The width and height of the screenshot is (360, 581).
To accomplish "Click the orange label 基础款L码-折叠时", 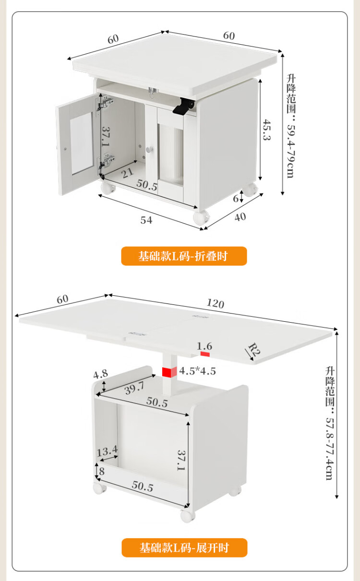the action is coord(184,256).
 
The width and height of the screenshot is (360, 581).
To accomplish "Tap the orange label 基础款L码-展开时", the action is coord(184,547).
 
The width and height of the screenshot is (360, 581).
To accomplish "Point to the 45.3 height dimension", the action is coord(267,130).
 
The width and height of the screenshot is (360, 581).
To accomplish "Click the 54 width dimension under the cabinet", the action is coord(146,220).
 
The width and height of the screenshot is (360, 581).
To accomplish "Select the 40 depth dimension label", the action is coord(240,217).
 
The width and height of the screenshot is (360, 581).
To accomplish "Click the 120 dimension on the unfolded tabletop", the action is coord(216,303).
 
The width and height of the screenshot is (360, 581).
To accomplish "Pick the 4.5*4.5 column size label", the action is coord(198,371).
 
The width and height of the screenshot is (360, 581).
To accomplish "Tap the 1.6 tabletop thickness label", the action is coord(204,346).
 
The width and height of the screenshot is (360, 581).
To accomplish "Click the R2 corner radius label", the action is coord(254,350).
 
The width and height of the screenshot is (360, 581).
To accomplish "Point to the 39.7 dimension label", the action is coord(134,388).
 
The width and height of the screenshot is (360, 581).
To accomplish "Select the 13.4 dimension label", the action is coord(107,451).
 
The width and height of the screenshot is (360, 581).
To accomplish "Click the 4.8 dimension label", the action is coord(100,374).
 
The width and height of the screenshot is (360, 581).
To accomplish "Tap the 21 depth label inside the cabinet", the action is coord(127,173).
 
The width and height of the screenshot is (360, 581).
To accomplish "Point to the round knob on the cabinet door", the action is coord(150,149).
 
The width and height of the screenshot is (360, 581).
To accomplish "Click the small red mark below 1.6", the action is coord(205,354).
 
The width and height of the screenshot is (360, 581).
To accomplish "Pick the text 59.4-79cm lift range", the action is coord(291,151).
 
